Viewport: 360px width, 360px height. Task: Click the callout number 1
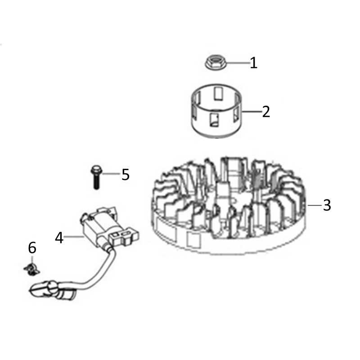pos(253,63)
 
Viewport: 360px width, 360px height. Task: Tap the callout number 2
pos(266,112)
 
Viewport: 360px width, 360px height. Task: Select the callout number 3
pos(327,205)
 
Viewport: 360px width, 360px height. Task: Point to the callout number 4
pos(59,238)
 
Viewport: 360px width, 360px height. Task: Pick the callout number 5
pos(126,175)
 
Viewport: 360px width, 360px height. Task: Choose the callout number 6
pos(32,248)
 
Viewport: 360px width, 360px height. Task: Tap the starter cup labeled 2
pos(216,111)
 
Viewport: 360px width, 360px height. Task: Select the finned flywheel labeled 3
pos(229,206)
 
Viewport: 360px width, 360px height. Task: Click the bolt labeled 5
pos(96,177)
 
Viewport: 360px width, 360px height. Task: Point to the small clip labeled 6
pos(31,269)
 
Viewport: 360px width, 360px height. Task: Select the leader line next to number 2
pos(252,112)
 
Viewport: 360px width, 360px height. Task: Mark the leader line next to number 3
pos(315,205)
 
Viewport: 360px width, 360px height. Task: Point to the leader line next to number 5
pos(111,174)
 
